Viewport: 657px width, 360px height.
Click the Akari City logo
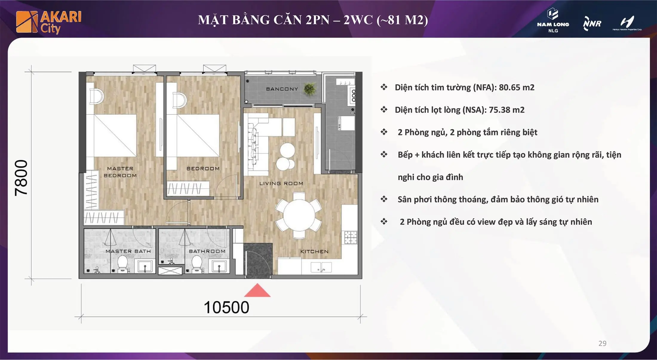pos(49,22)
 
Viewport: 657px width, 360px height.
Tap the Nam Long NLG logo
pos(553,20)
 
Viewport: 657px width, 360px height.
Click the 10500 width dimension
pos(226,307)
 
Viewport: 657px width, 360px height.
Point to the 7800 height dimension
pos(22,178)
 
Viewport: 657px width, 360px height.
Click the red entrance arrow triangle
pos(257,291)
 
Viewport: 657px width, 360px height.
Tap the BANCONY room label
pos(282,89)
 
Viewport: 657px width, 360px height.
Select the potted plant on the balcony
pos(310,89)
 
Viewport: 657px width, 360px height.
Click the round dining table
pos(299,215)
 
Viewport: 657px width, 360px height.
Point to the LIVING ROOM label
pos(281,183)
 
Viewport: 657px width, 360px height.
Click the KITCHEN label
pos(314,252)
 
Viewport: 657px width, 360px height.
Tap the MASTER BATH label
pos(128,251)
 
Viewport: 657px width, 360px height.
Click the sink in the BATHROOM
pos(219,266)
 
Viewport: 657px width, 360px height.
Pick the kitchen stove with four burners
pos(350,238)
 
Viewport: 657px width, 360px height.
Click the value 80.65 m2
pos(516,88)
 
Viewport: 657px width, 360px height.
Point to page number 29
pos(602,344)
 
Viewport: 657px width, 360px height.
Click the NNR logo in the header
pos(592,24)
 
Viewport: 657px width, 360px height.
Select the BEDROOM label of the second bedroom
pos(203,168)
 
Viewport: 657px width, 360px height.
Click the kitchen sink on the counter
pos(321,267)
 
